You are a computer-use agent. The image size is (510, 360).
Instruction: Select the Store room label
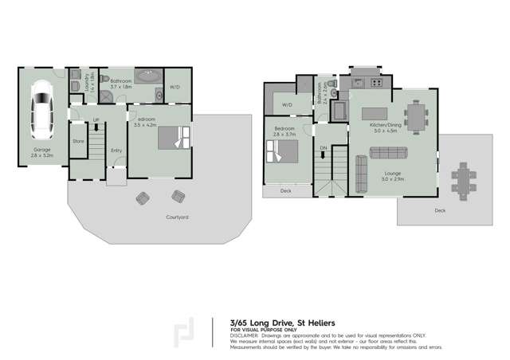[x=78, y=141]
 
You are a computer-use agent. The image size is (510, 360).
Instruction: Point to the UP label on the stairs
[x=96, y=121]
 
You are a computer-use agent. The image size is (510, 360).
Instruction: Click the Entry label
[x=116, y=150]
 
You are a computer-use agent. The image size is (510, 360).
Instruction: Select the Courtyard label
[x=177, y=217]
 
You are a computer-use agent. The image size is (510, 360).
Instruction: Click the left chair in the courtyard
[x=143, y=197]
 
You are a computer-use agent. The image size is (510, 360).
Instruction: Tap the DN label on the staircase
[x=323, y=148]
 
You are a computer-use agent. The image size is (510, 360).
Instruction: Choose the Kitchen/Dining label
[x=384, y=125]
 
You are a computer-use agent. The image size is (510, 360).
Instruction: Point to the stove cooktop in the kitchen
[x=374, y=82]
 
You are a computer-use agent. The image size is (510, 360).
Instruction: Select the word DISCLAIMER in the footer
[x=245, y=335]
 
